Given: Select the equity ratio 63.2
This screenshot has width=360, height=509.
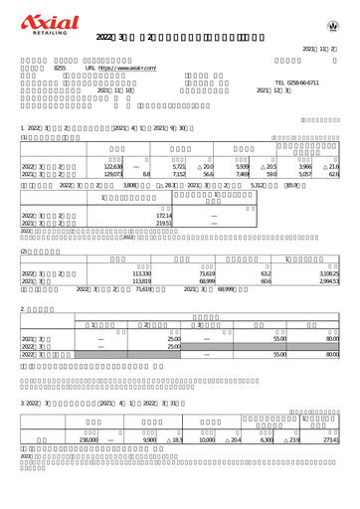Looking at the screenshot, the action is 265,271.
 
